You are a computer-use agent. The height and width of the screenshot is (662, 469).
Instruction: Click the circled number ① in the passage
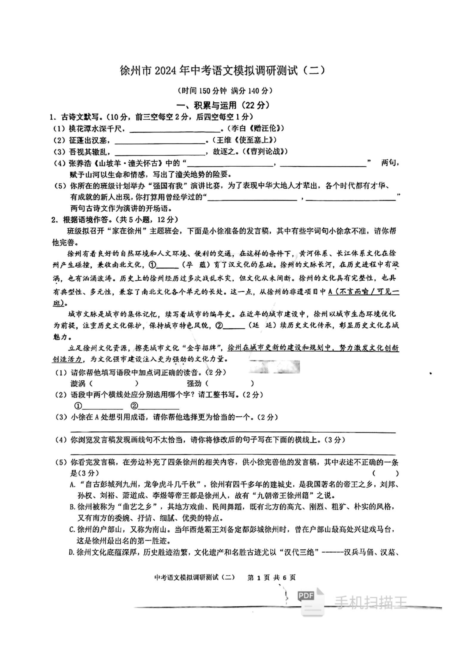pyautogui.click(x=153, y=264)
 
